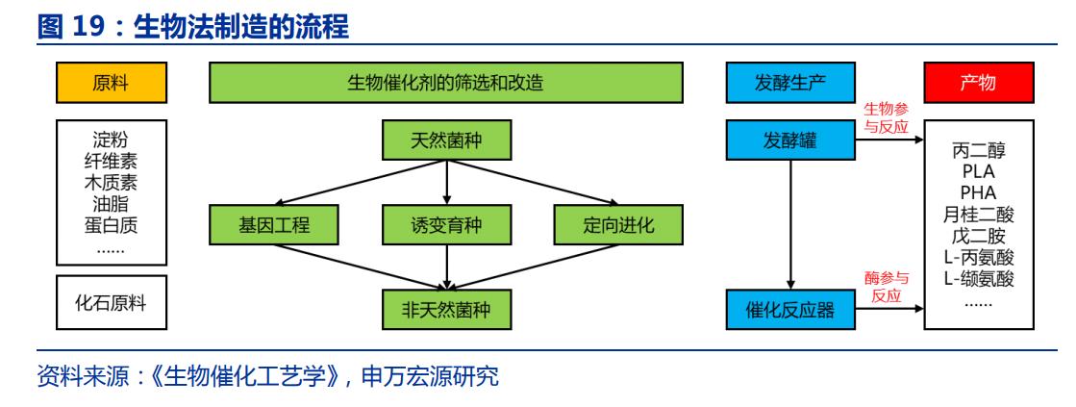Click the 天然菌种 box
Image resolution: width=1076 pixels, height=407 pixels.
coord(445,141)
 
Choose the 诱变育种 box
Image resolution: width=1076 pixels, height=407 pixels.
coord(445,226)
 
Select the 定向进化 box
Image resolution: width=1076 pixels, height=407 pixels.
coord(616,226)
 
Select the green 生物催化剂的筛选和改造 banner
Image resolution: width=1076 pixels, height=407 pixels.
coord(445,83)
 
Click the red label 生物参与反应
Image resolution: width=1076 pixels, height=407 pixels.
coord(886,119)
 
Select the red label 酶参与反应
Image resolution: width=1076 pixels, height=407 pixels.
coord(886,288)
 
